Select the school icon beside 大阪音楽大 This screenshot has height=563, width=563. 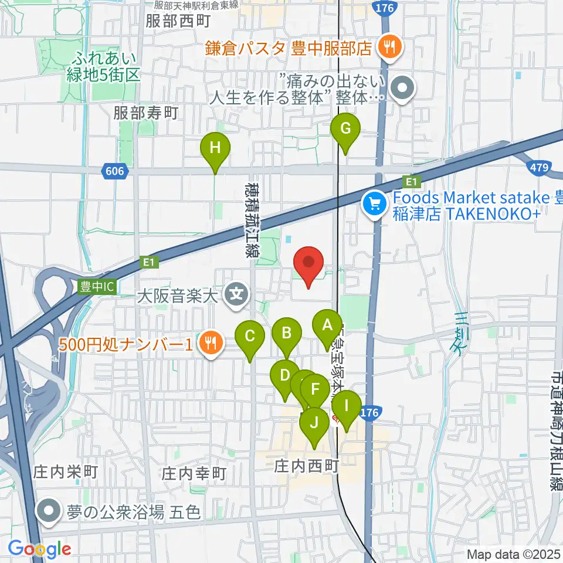tap(237, 291)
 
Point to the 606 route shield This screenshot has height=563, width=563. tap(116, 171)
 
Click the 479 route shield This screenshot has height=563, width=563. tap(539, 168)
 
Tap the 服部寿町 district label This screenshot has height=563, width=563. tap(146, 113)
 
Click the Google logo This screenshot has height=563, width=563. tap(39, 549)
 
